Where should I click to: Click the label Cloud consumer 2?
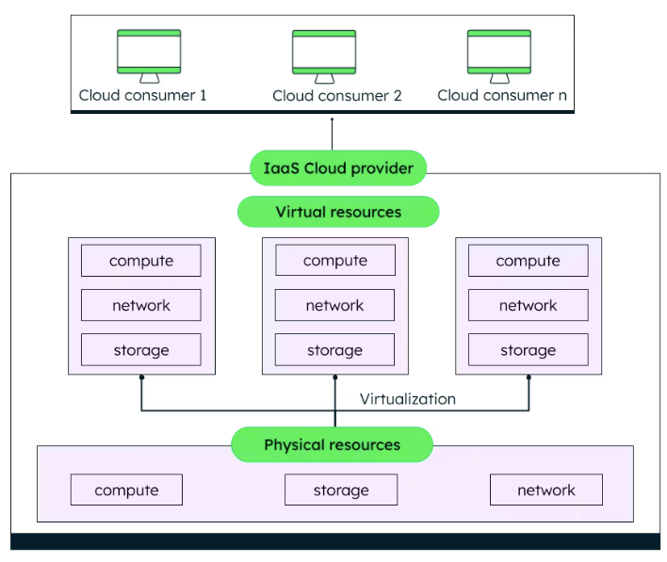click(x=337, y=96)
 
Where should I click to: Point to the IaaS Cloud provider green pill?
click(x=338, y=169)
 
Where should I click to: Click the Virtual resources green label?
click(x=338, y=212)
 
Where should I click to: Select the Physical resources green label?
click(x=332, y=444)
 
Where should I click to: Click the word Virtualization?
click(x=407, y=399)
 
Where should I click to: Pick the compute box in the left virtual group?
click(x=140, y=261)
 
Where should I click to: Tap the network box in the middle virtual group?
click(x=334, y=305)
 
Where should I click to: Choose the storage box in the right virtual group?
click(x=528, y=350)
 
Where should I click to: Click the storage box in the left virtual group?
click(x=140, y=350)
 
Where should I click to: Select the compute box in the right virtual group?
click(x=528, y=261)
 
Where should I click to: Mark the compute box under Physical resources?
click(x=126, y=490)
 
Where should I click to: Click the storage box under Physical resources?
click(x=340, y=490)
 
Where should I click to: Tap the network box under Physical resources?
click(x=545, y=490)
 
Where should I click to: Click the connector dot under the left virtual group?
click(x=141, y=377)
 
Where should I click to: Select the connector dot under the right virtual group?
click(x=529, y=377)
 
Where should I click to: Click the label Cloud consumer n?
click(x=502, y=95)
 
